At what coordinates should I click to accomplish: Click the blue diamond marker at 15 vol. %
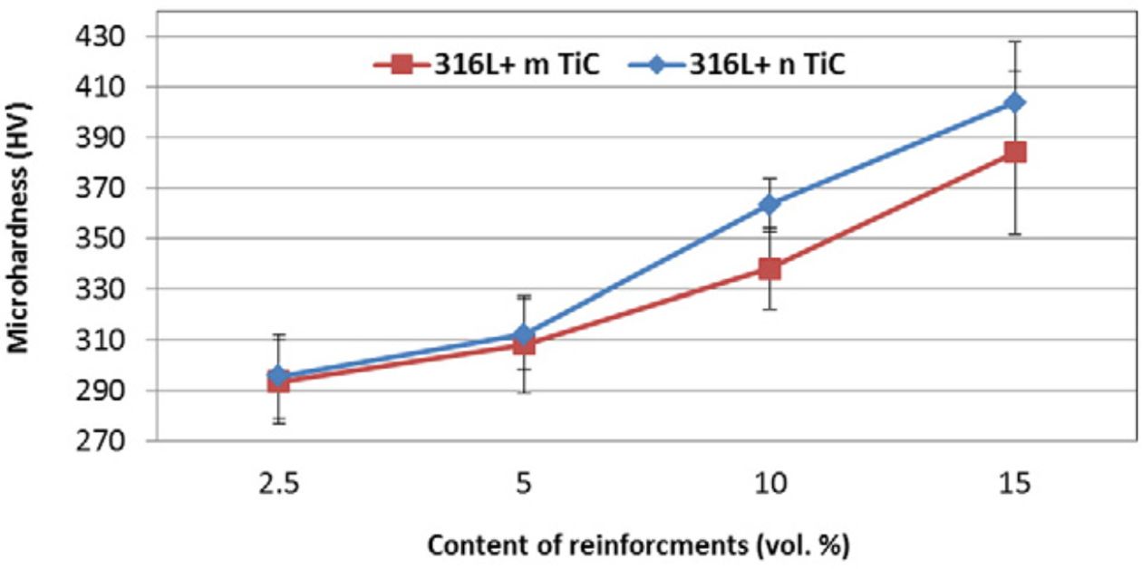(x=1015, y=102)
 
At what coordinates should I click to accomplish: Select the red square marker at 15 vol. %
(x=1015, y=151)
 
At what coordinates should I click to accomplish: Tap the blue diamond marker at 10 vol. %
(x=769, y=204)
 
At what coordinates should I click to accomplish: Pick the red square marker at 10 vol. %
(x=769, y=268)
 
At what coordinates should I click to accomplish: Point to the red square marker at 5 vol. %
(x=524, y=344)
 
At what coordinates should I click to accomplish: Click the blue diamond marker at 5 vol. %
(x=524, y=334)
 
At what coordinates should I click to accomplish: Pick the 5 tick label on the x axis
(x=524, y=485)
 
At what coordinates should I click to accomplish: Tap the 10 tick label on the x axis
(x=769, y=485)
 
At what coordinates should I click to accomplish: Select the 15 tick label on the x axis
(x=1015, y=485)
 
